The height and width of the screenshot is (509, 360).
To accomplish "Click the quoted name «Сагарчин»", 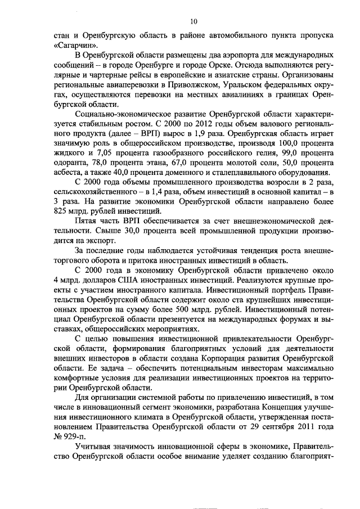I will (x=76, y=44).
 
